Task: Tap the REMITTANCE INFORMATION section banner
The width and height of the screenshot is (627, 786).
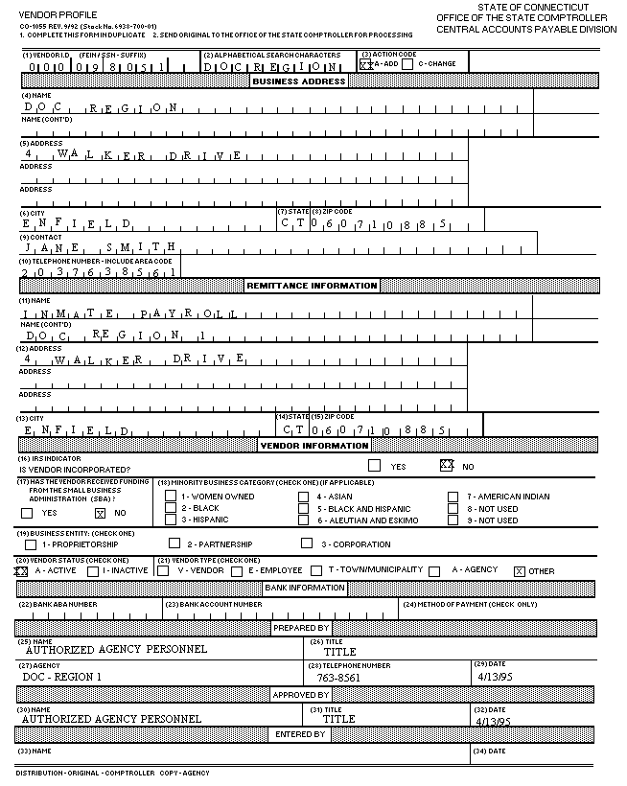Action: click(x=313, y=286)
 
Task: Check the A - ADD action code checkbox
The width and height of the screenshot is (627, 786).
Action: click(x=365, y=64)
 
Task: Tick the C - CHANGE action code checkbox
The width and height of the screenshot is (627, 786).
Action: click(x=407, y=64)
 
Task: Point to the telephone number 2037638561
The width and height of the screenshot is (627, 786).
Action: click(x=96, y=272)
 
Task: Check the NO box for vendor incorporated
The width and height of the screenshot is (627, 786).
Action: click(x=446, y=466)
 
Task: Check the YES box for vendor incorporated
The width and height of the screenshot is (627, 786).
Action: click(x=374, y=467)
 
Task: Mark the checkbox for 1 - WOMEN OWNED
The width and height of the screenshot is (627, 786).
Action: click(x=171, y=497)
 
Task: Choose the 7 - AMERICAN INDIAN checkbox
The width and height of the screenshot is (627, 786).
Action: click(x=453, y=497)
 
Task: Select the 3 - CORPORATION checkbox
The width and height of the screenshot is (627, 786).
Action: click(x=307, y=543)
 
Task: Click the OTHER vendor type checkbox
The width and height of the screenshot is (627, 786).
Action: click(x=520, y=571)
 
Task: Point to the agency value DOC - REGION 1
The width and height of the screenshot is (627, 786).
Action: click(x=61, y=676)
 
